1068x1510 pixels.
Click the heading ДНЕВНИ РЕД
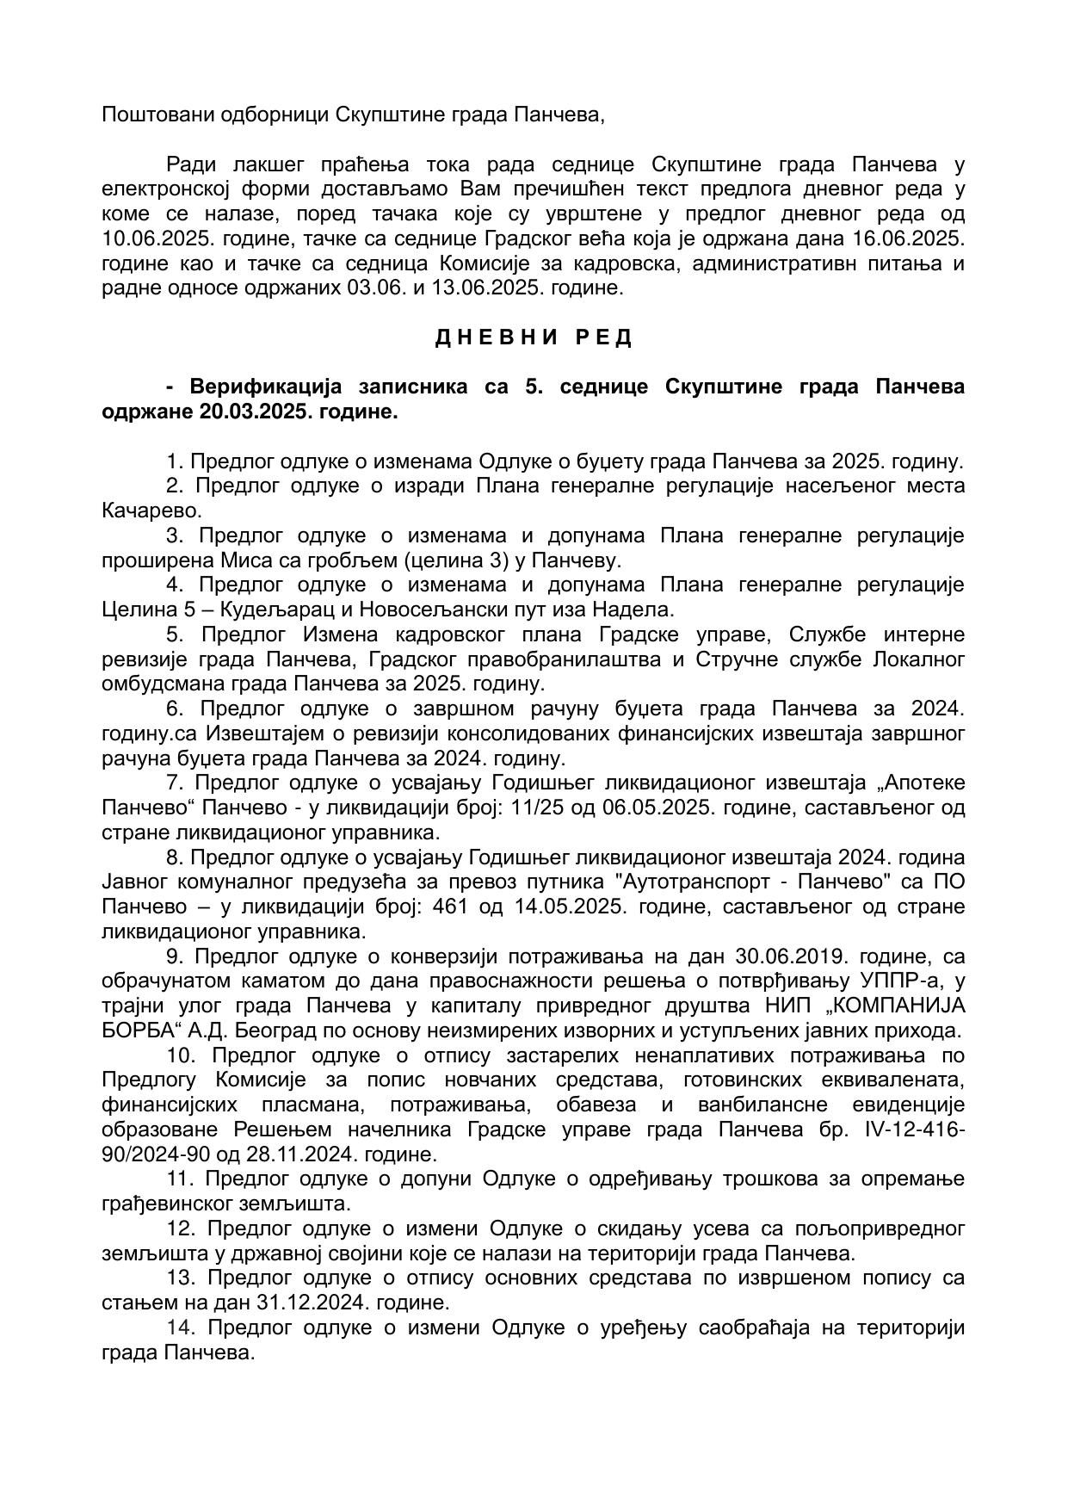[534, 337]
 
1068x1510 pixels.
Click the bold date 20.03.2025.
[255, 412]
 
